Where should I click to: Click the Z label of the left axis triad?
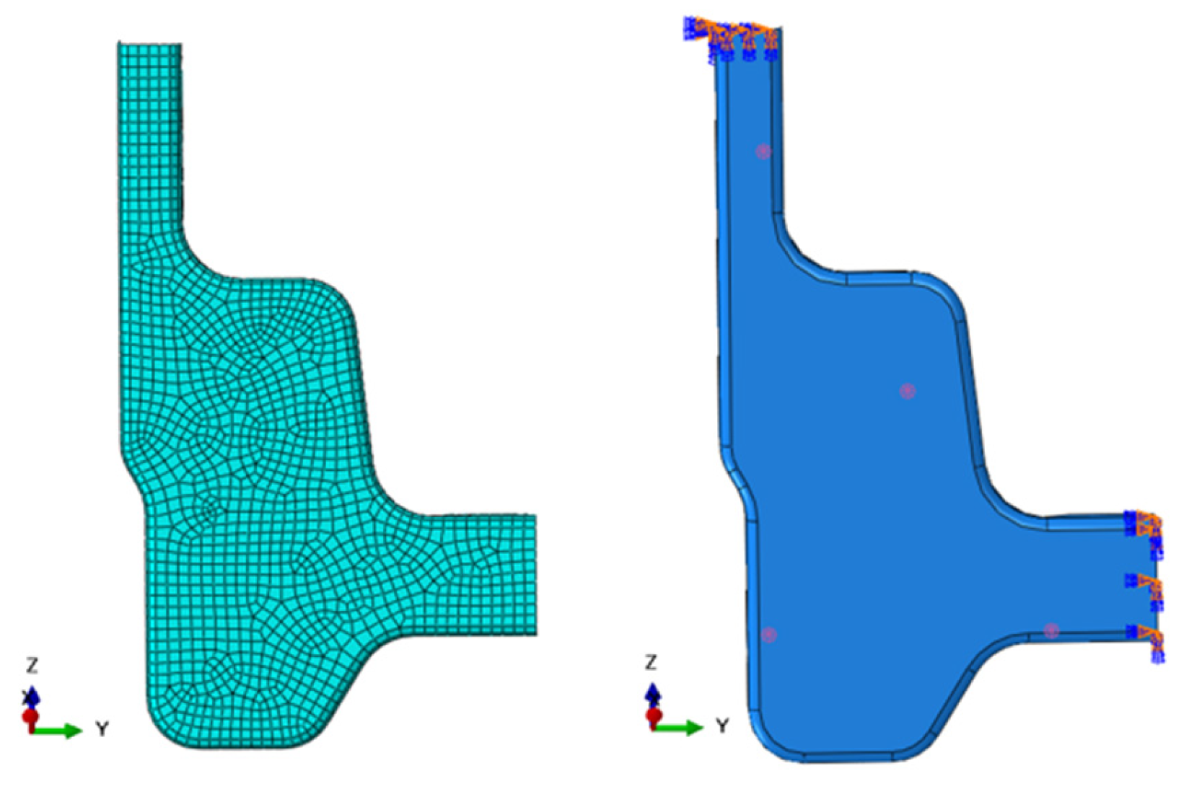[x=32, y=665]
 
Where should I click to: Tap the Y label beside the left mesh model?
[x=102, y=729]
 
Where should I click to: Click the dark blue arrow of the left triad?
[x=32, y=696]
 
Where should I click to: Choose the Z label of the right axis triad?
[x=651, y=663]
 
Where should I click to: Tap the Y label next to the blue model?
[x=722, y=726]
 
